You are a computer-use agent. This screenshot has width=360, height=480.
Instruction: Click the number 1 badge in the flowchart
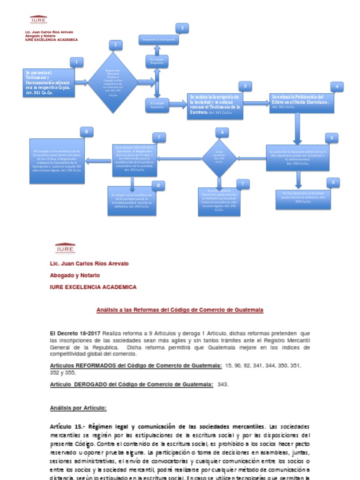[x=76, y=62]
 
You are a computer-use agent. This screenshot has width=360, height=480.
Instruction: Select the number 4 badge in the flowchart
[x=336, y=86]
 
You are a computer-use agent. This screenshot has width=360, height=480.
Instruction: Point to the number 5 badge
[x=331, y=138]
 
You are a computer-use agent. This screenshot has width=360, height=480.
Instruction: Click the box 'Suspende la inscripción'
[x=159, y=40]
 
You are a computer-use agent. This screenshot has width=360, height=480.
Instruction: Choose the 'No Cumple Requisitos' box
[x=157, y=61]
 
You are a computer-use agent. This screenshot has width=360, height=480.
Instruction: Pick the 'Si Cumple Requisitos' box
[x=157, y=105]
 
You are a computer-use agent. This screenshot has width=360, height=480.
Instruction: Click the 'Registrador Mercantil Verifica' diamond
[x=113, y=82]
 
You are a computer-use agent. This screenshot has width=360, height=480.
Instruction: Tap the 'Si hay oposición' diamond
[x=219, y=157]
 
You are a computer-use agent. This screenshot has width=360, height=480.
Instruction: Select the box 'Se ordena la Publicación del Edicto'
[x=302, y=102]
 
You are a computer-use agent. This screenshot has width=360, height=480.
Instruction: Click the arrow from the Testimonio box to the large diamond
[x=82, y=82]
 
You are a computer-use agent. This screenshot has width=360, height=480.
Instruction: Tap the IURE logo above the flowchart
[x=38, y=19]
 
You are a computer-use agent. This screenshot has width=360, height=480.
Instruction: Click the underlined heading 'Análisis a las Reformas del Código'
[x=180, y=310]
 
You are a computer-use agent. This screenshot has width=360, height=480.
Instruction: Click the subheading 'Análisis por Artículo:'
[x=78, y=408]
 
